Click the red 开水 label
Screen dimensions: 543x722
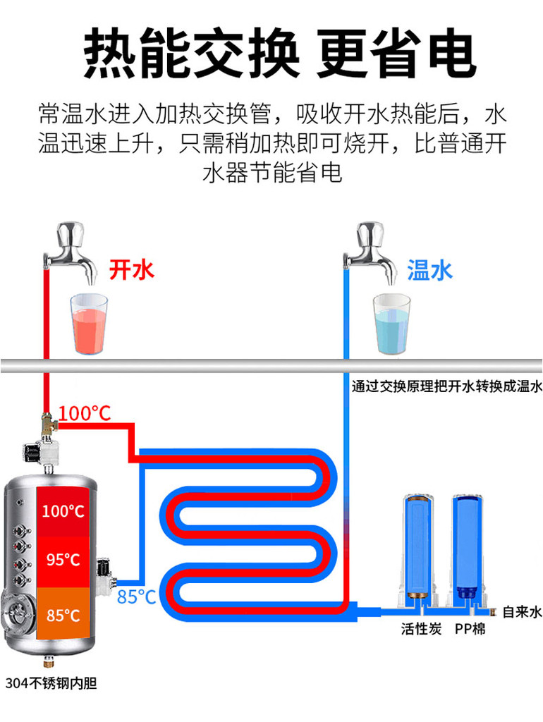pyautogui.click(x=131, y=270)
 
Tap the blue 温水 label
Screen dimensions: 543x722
pyautogui.click(x=429, y=270)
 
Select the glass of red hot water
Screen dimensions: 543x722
pyautogui.click(x=88, y=324)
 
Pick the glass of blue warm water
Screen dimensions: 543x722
pyautogui.click(x=391, y=324)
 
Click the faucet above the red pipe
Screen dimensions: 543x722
pyautogui.click(x=69, y=252)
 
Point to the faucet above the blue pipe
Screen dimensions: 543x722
pyautogui.click(x=370, y=252)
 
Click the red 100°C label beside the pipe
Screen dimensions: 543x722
pyautogui.click(x=85, y=413)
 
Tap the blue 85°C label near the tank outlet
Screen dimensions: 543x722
pyautogui.click(x=136, y=596)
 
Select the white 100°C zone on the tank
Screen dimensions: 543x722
pyautogui.click(x=63, y=511)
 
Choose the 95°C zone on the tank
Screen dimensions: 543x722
pyautogui.click(x=63, y=560)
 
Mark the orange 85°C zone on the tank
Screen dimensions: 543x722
pyautogui.click(x=63, y=615)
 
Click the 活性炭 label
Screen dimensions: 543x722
pyautogui.click(x=421, y=628)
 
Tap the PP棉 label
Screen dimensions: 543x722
pyautogui.click(x=470, y=628)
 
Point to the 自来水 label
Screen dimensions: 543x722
pyautogui.click(x=523, y=612)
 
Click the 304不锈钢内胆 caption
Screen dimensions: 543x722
pyautogui.click(x=51, y=683)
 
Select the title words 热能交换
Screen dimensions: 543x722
pyautogui.click(x=191, y=52)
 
